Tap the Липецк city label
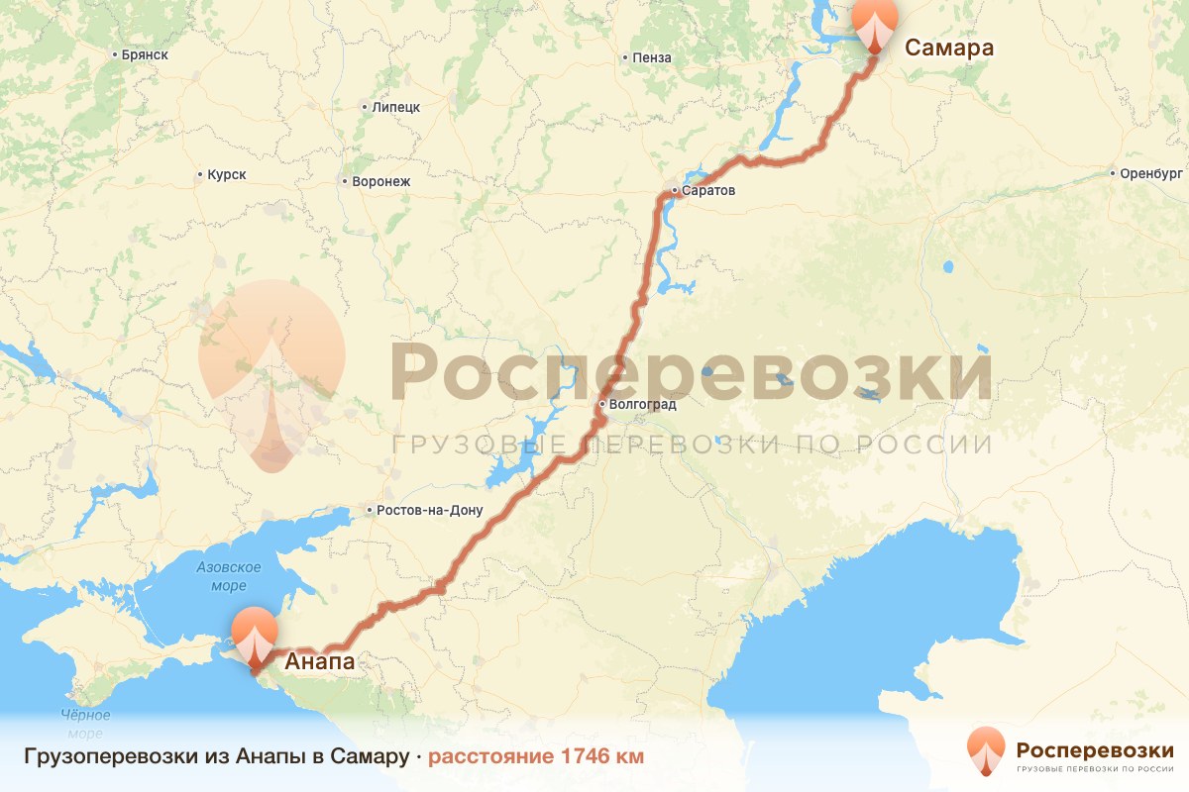(x=396, y=107)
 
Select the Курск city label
(x=226, y=175)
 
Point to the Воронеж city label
(x=374, y=182)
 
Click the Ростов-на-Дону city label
(x=428, y=511)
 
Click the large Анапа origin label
(x=320, y=661)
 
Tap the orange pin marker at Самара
(x=875, y=23)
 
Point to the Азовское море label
(x=228, y=577)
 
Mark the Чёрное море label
(x=85, y=724)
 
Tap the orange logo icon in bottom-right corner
(x=986, y=752)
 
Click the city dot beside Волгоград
(x=601, y=405)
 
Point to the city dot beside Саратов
(x=674, y=190)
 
